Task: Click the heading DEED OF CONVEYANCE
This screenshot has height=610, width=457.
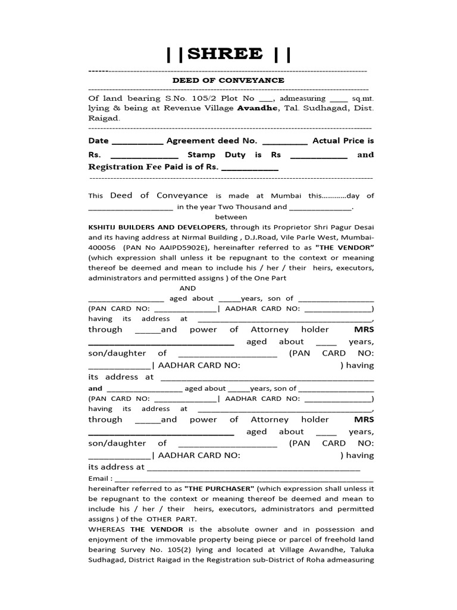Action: [228, 80]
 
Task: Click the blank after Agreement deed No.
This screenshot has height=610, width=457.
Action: [285, 141]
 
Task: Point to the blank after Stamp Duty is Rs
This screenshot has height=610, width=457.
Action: [318, 155]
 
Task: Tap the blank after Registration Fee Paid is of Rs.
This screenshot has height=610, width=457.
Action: [250, 168]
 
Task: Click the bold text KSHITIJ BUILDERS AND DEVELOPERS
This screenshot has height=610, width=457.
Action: [157, 227]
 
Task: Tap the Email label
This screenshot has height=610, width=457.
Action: [99, 478]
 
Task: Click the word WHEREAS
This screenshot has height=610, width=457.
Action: [108, 529]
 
